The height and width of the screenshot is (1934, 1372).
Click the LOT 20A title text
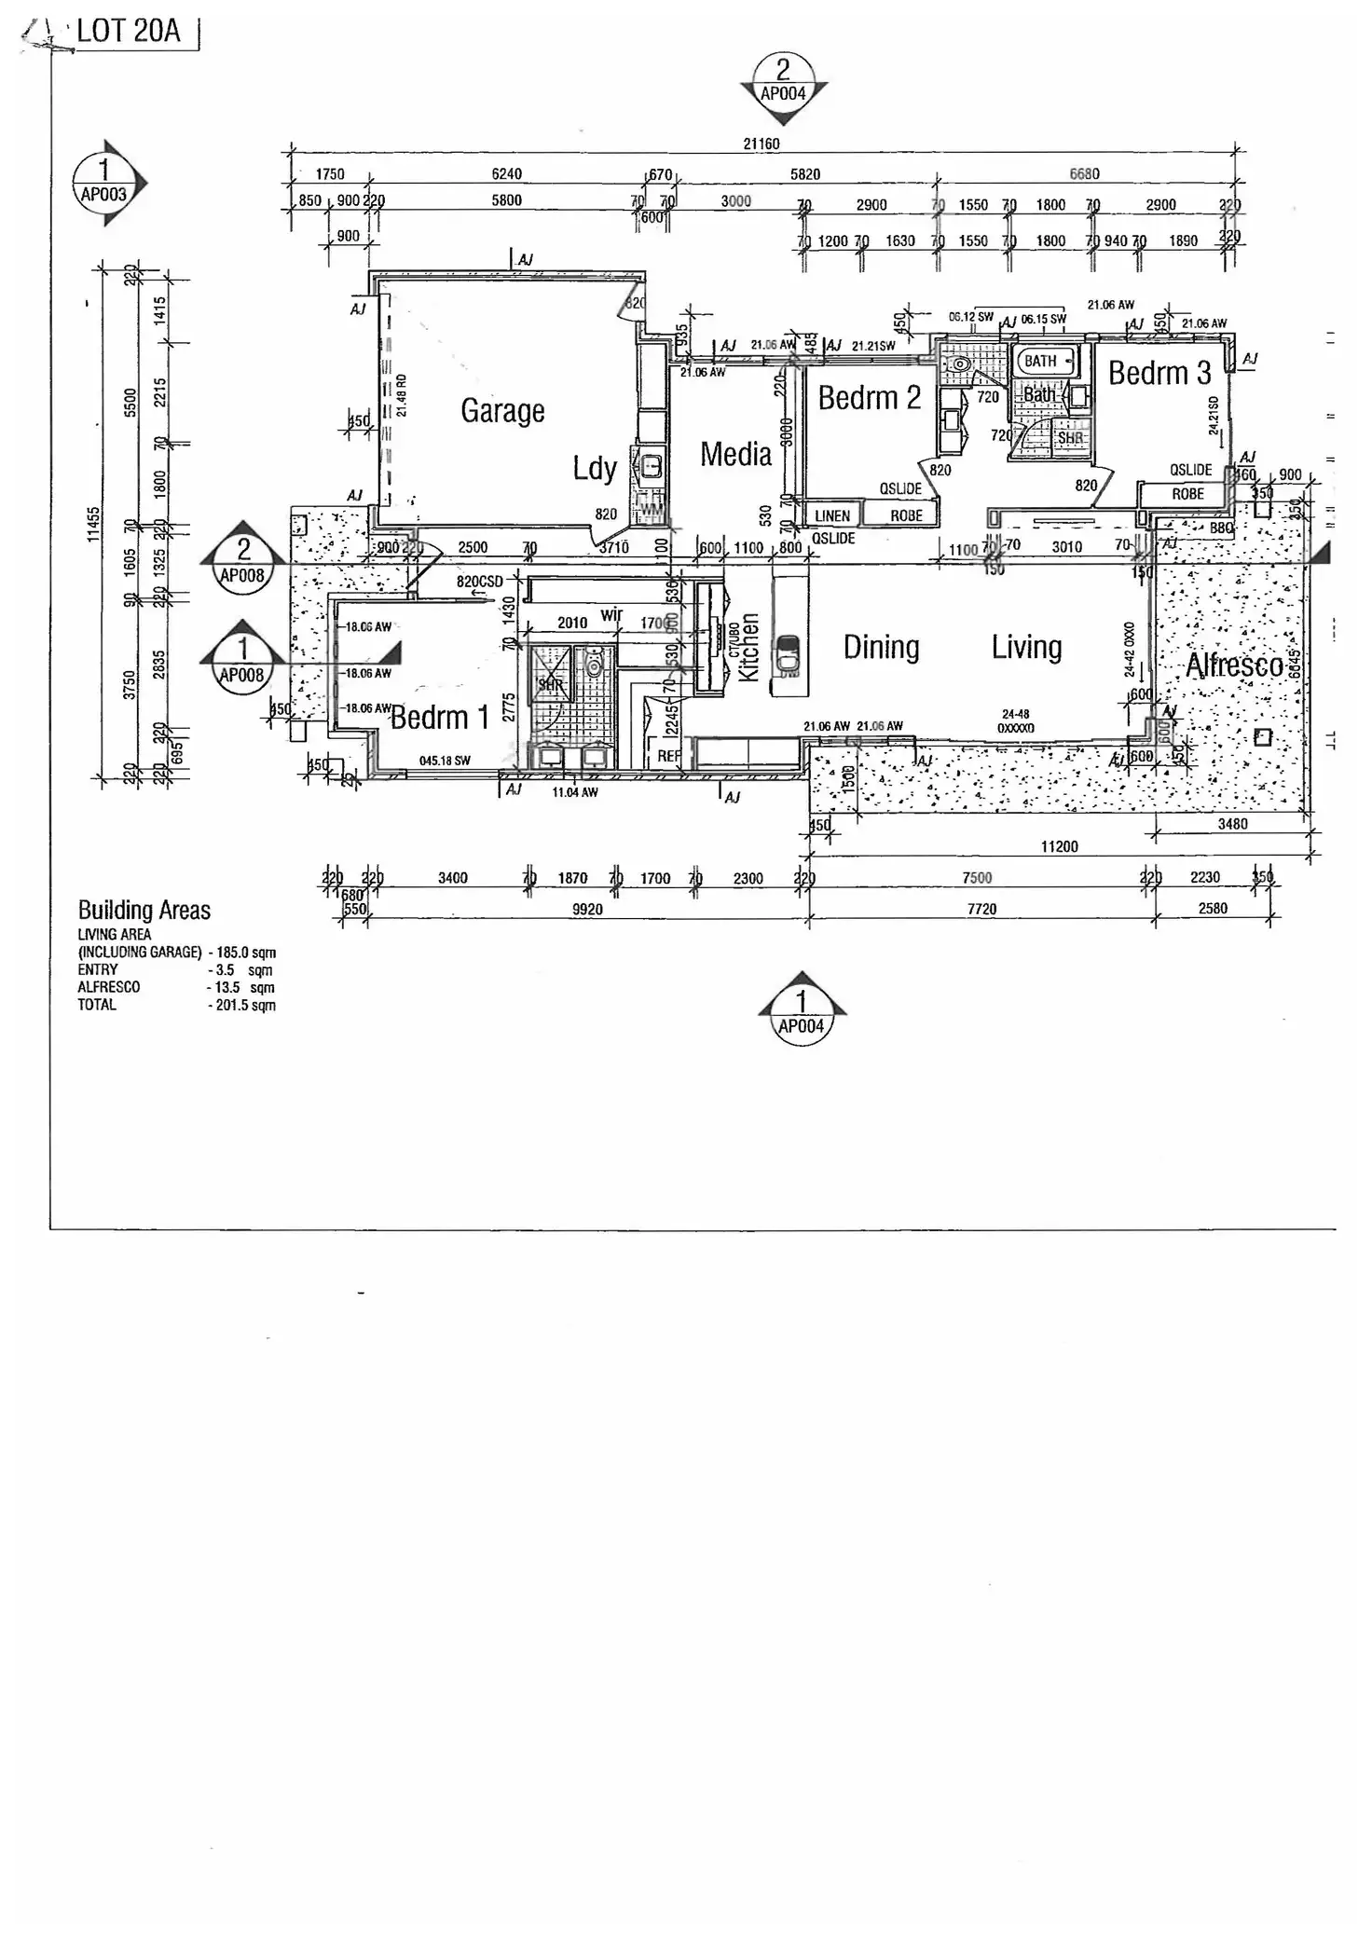pos(129,31)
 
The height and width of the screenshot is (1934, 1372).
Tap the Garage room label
pos(502,411)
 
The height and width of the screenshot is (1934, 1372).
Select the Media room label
pos(735,455)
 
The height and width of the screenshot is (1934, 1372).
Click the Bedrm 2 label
pos(869,398)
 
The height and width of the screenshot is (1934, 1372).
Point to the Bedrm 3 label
pos(1159,374)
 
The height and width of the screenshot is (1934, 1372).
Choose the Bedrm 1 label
pos(439,718)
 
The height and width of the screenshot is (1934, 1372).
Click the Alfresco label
pos(1234,665)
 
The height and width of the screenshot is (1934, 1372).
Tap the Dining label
pos(881,647)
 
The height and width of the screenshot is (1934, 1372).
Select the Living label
pos(1026,647)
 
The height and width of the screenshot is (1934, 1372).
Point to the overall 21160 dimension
pos(761,144)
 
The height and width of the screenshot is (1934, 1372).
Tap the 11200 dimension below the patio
pos(1059,846)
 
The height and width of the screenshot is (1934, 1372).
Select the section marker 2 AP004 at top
pos(783,82)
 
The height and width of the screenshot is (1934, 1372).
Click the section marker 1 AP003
pos(104,182)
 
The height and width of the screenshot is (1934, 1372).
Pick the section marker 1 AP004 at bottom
pos(801,1013)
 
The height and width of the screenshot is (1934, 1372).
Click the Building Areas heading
pos(144,910)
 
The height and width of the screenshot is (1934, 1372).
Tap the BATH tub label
pos(1040,361)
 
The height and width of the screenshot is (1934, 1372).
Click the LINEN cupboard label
pos(832,515)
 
